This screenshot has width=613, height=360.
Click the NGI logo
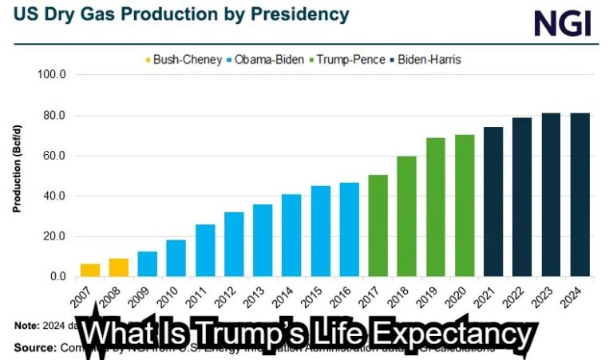[x=563, y=23]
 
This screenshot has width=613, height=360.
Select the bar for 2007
[x=90, y=270]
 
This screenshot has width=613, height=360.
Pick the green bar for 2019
[x=435, y=208]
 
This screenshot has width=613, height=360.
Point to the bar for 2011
[x=205, y=251]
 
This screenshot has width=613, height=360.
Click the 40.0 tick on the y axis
[x=53, y=196]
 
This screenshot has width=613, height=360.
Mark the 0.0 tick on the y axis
[x=56, y=277]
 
